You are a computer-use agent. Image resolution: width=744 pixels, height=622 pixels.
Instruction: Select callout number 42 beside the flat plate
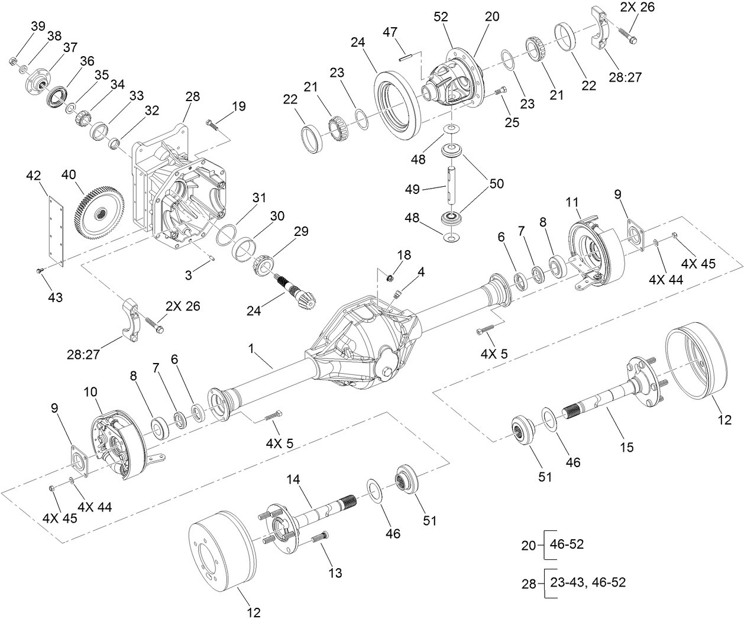[x=34, y=176]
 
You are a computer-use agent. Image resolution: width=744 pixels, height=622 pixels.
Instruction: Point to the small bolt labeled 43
[x=40, y=270]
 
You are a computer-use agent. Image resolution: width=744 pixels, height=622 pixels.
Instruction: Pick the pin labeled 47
[x=405, y=57]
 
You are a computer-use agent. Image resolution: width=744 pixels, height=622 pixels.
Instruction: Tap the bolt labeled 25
[x=499, y=92]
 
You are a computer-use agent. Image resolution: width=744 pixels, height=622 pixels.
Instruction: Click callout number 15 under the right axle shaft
[x=626, y=447]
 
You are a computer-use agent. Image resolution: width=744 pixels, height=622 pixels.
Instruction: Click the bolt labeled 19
[x=214, y=124]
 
